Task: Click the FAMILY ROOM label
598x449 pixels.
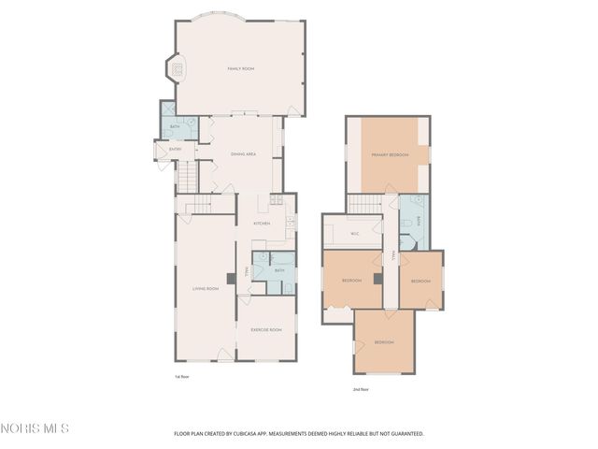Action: [241, 68]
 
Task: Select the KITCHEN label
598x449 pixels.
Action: [262, 224]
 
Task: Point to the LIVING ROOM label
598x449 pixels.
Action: [206, 288]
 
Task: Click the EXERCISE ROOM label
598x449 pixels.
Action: [265, 329]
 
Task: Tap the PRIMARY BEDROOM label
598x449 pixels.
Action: [390, 154]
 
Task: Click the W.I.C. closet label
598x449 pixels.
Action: [355, 233]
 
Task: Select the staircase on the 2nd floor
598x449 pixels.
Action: [366, 203]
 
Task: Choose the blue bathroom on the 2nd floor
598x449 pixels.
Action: [412, 223]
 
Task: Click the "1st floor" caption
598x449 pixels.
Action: [181, 376]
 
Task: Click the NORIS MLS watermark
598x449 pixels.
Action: [36, 429]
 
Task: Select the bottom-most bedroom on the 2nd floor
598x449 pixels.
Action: [384, 342]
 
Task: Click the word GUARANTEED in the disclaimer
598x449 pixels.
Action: [405, 434]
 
